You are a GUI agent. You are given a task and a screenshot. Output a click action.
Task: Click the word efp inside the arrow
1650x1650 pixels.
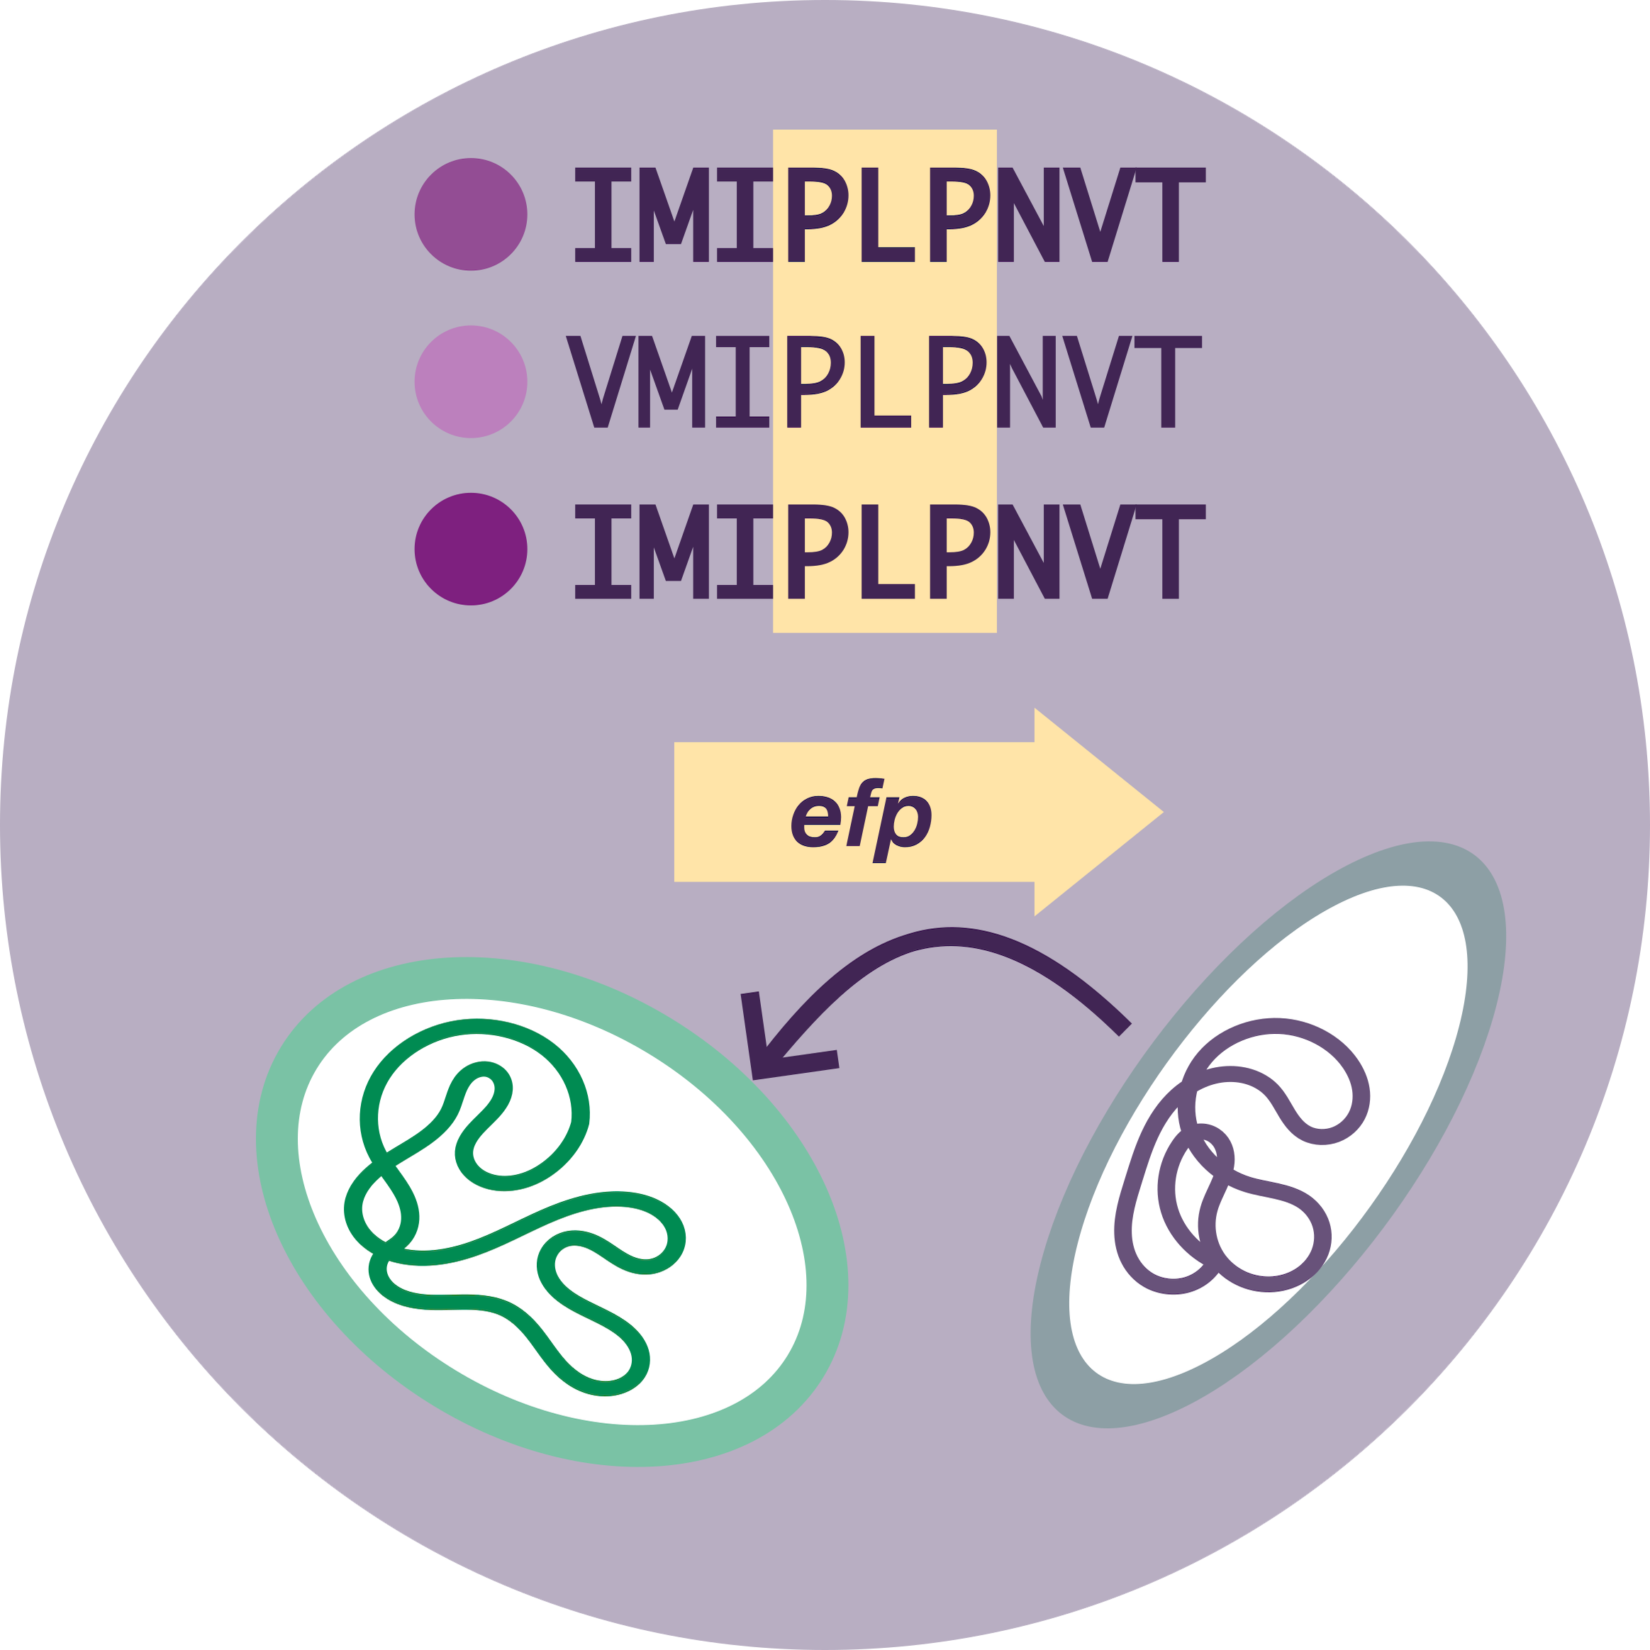(860, 820)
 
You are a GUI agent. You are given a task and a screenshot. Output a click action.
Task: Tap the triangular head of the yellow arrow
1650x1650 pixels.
(1093, 812)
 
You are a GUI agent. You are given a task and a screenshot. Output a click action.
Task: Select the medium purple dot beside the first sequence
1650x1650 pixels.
(471, 214)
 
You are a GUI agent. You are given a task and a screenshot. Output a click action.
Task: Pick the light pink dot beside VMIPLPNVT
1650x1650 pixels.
(471, 381)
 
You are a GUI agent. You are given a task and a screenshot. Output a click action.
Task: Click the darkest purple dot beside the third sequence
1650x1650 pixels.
(471, 549)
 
